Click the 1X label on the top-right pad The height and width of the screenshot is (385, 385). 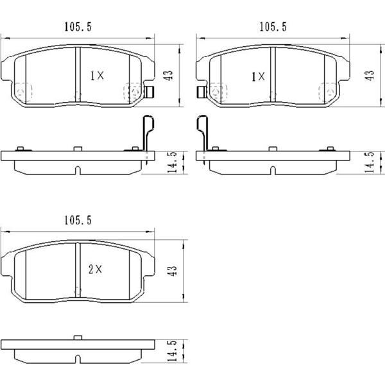point(258,76)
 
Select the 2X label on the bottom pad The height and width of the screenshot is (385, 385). point(94,270)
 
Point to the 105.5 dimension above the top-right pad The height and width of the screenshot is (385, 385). point(272,26)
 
